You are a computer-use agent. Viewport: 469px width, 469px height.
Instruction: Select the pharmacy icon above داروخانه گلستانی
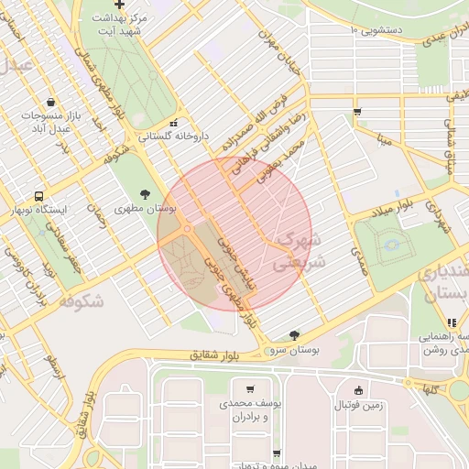(x=173, y=123)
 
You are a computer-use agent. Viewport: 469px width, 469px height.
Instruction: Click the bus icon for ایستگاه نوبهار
(x=38, y=196)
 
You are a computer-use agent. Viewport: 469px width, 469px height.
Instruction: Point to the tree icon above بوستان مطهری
(x=145, y=193)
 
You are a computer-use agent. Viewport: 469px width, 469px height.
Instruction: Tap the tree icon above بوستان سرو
(x=293, y=335)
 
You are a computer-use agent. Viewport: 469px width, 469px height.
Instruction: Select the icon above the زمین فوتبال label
(x=357, y=389)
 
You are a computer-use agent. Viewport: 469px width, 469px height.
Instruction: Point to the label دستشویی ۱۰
(x=377, y=30)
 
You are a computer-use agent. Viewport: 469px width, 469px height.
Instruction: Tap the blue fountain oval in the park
(x=392, y=245)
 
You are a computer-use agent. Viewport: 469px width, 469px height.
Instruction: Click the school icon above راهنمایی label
(x=451, y=322)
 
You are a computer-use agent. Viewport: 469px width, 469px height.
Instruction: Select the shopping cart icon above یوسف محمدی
(x=250, y=388)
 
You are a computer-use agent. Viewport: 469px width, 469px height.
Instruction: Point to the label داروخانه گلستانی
(x=174, y=136)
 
